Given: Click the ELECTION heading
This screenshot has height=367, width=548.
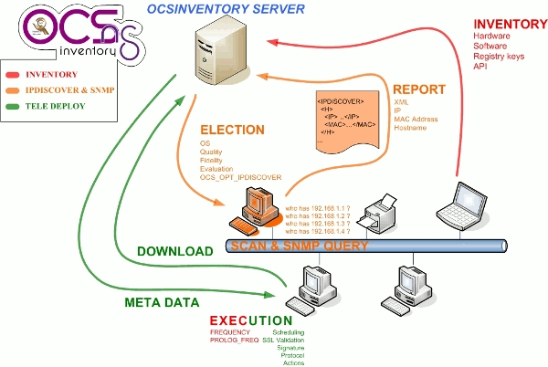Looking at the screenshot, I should click(232, 130).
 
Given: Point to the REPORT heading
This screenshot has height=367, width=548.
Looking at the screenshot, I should click(419, 89).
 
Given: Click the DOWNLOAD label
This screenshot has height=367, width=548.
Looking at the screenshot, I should click(175, 250).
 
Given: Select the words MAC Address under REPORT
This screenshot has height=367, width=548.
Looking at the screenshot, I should click(416, 120).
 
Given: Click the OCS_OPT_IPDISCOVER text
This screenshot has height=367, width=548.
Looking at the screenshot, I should click(241, 177).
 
